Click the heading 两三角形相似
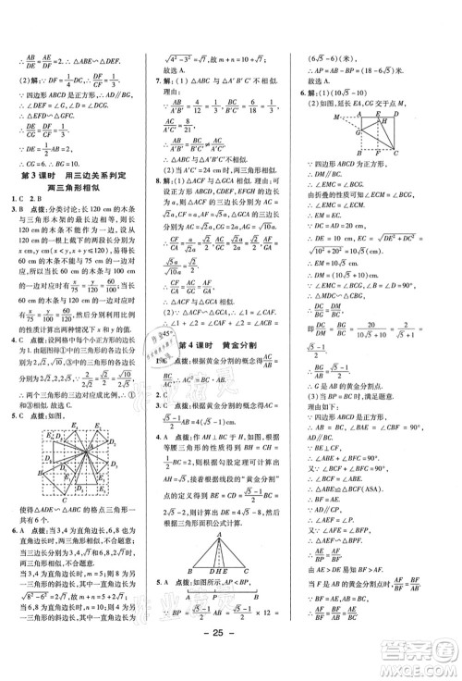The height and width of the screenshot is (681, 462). pyautogui.click(x=77, y=189)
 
